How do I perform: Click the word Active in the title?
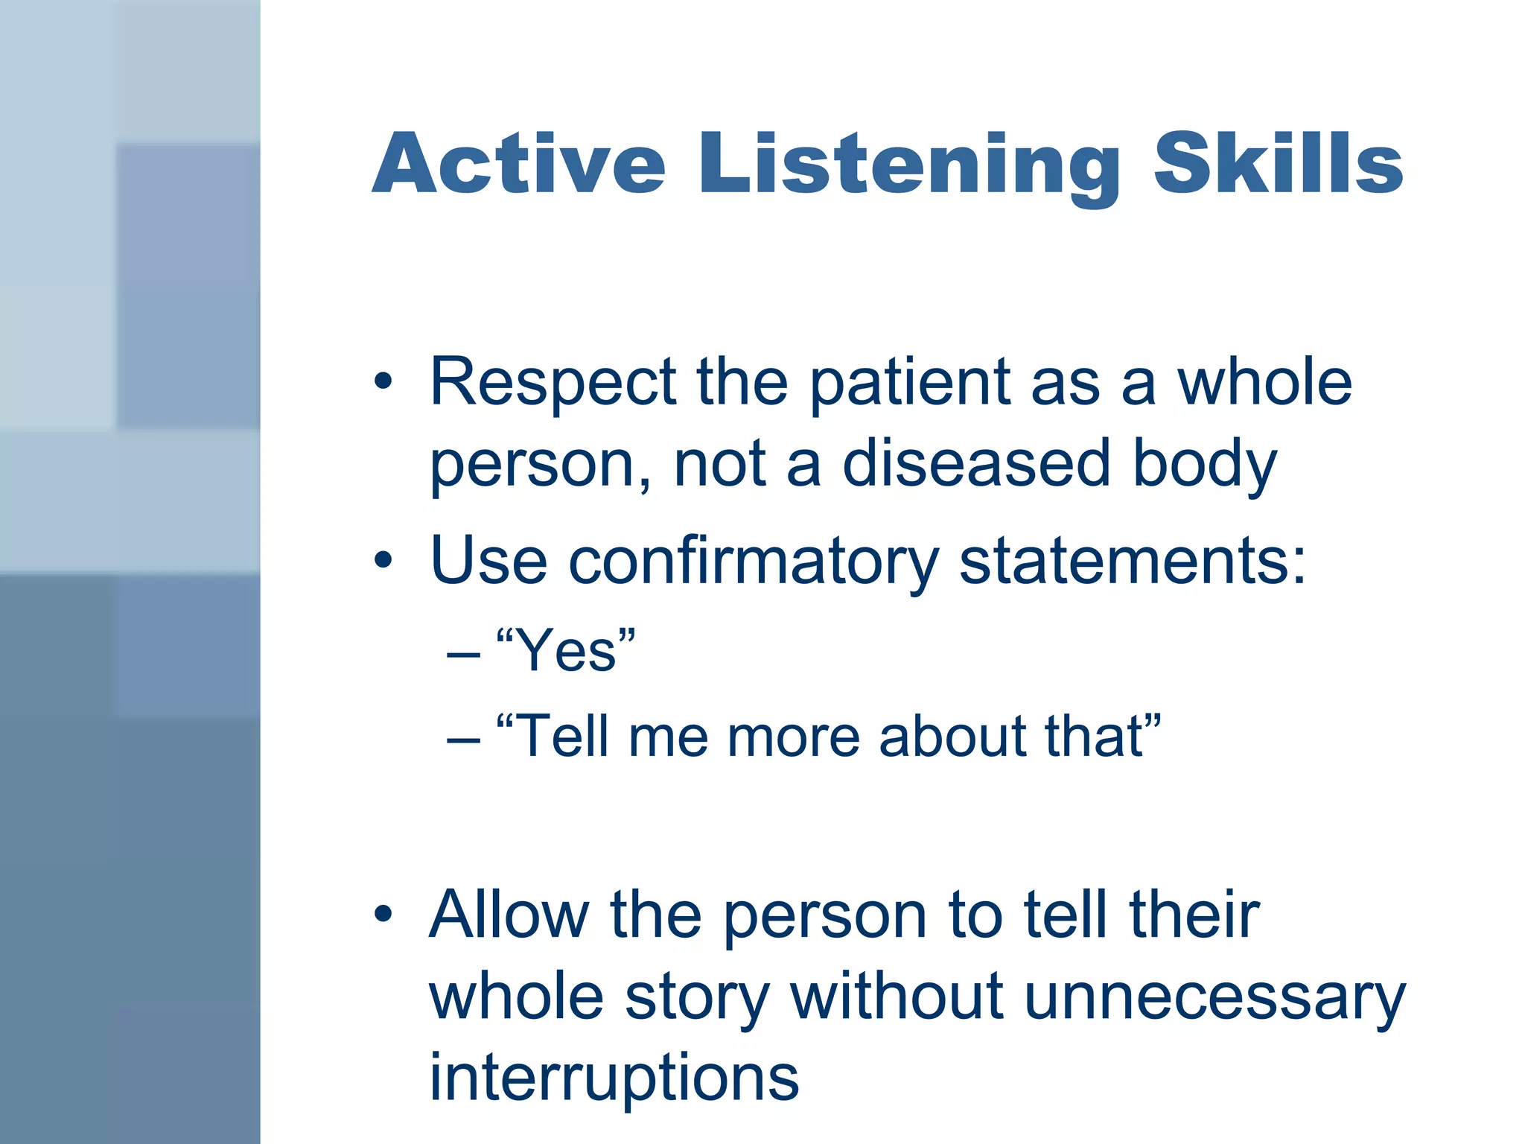click(x=518, y=164)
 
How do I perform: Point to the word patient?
click(x=909, y=384)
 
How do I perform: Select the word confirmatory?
click(x=753, y=561)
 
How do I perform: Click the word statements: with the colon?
click(x=1132, y=561)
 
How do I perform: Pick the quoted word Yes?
click(x=566, y=650)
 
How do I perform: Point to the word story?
click(x=696, y=997)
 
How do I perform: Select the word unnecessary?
click(x=1214, y=997)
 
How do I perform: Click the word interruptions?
click(x=614, y=1078)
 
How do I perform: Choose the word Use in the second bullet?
click(x=488, y=561)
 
